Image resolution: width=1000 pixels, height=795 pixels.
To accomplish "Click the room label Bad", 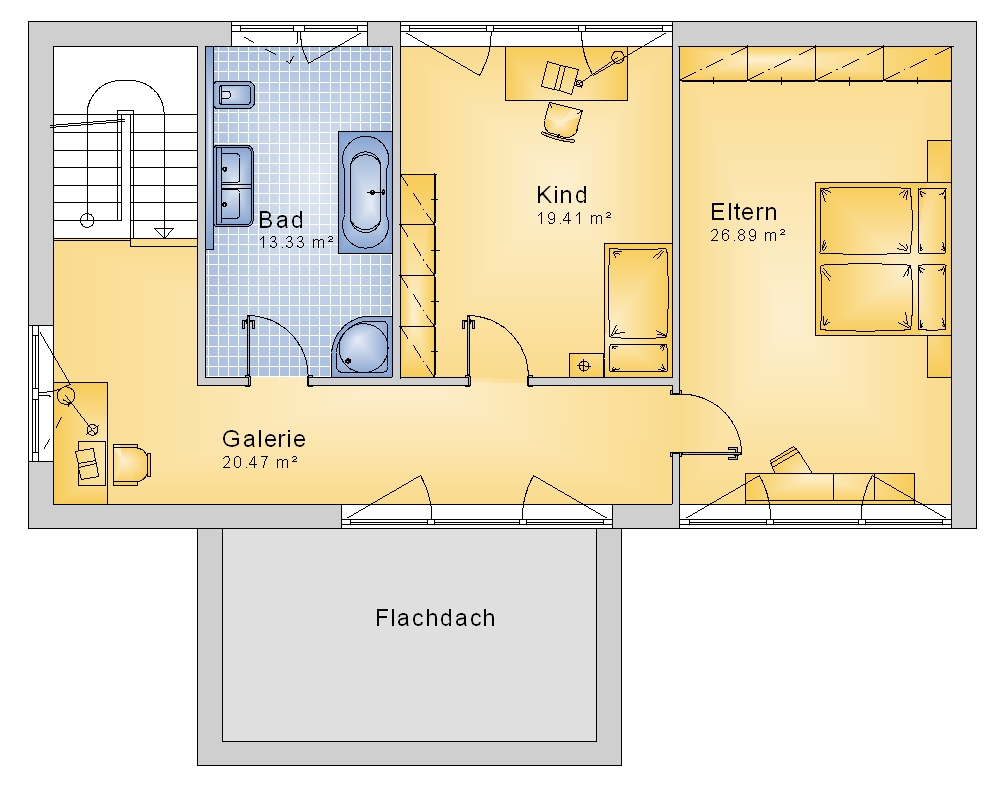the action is [281, 220].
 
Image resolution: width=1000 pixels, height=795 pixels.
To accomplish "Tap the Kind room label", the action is [562, 195].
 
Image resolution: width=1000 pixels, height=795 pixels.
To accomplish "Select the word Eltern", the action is [744, 212].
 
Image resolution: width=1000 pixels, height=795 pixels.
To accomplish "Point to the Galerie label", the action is [264, 439].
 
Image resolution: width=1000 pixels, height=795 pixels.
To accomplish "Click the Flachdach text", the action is [435, 618].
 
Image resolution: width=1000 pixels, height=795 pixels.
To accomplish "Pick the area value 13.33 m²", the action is [297, 242].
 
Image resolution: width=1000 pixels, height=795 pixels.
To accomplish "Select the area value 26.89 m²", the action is [748, 235].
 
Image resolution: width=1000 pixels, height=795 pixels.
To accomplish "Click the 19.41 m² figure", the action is [574, 218].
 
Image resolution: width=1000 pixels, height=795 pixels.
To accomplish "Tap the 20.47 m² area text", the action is [260, 462].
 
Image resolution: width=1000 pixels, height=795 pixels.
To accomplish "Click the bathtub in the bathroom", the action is [365, 193].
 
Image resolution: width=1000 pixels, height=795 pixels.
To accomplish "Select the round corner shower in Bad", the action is [362, 347].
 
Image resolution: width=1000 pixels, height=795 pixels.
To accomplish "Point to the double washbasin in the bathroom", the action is [233, 186].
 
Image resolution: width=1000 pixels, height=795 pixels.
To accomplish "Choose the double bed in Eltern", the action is [883, 259].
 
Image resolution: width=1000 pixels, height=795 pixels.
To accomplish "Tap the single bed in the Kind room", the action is [638, 310].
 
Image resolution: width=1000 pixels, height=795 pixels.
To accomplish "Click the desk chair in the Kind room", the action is [562, 121].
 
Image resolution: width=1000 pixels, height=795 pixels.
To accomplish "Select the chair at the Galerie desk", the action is [132, 465].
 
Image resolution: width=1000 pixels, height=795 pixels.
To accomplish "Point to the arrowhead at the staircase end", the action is [165, 233].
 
